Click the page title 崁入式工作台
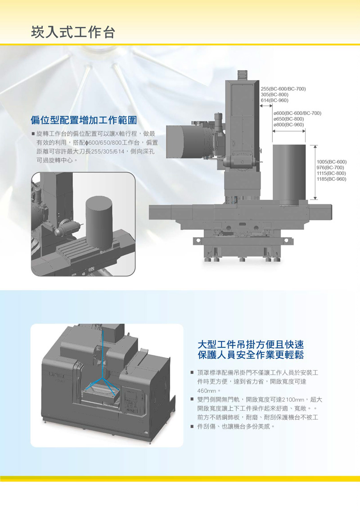(73, 32)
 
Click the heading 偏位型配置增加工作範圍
(84, 120)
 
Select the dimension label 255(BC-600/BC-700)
(283, 89)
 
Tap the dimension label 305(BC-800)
(274, 94)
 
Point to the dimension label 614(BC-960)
(274, 100)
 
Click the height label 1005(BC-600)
(332, 162)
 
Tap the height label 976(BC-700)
(330, 167)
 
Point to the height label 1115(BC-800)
(332, 173)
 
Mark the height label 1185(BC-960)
(332, 179)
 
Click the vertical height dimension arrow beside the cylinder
(315, 172)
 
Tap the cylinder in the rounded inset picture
(99, 222)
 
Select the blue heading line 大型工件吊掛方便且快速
(251, 345)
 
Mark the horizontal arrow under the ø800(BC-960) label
(289, 131)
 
